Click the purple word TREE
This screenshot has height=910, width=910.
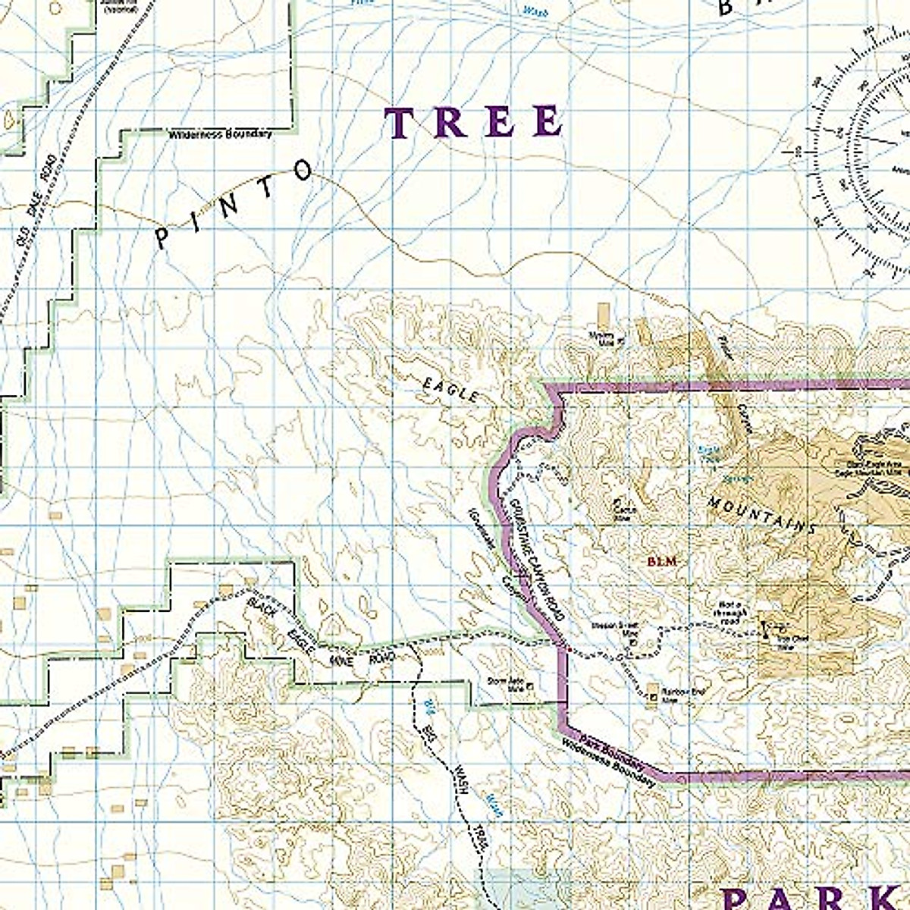[x=475, y=123]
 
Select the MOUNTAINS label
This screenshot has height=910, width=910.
[x=761, y=516]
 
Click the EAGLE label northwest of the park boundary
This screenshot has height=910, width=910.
[x=450, y=390]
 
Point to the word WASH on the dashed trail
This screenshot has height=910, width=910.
[x=460, y=781]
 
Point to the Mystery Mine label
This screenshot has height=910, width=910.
[x=604, y=337]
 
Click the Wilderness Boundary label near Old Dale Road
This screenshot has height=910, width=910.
[x=220, y=134]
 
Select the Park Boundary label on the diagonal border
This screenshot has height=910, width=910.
[x=607, y=750]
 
